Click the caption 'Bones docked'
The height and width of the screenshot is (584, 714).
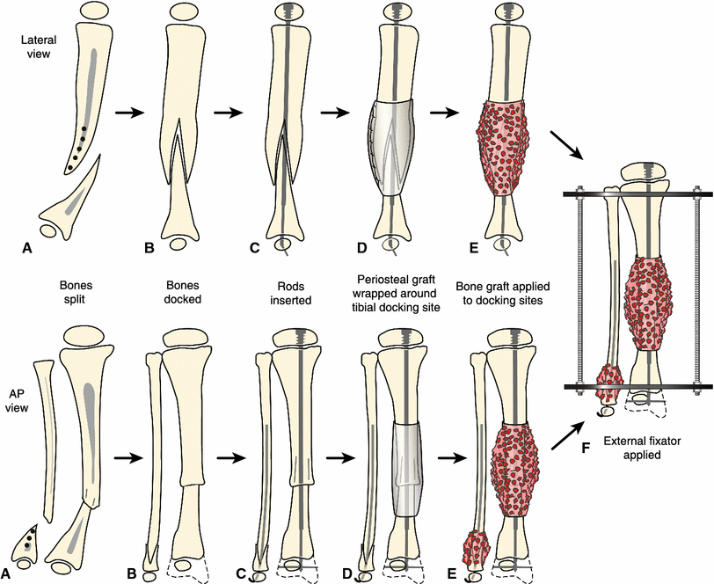186,288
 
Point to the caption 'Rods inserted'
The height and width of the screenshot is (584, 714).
289,288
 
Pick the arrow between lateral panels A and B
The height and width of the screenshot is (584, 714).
129,113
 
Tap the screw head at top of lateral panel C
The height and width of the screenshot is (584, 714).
289,12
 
